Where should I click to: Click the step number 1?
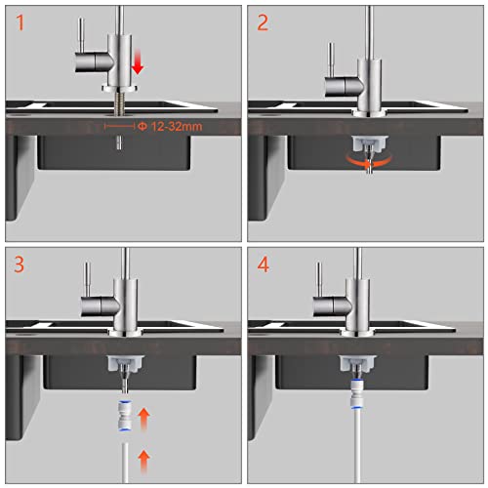tap(20, 22)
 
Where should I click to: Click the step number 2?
tap(263, 22)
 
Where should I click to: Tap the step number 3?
tap(20, 264)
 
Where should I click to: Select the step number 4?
tap(264, 264)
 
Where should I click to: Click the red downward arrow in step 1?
tap(138, 61)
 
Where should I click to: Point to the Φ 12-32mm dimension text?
tap(170, 126)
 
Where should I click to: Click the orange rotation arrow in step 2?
tap(369, 162)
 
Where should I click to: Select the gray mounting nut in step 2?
tap(370, 143)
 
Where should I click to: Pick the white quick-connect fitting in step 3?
tap(123, 416)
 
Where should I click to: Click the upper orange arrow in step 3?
tap(143, 420)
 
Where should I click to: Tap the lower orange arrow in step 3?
tap(143, 462)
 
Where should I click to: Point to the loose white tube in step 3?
tap(125, 463)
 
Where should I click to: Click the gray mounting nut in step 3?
tap(126, 364)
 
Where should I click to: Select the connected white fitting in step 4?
tap(355, 393)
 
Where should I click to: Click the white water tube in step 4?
tap(356, 446)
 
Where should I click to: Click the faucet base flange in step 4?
tap(357, 332)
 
